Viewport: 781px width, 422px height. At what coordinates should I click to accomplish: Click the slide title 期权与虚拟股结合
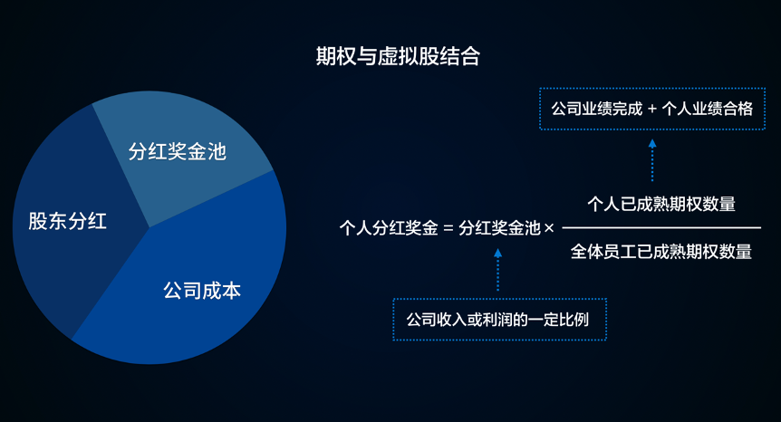[x=398, y=56]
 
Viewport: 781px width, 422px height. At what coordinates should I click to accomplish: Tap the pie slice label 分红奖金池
[x=178, y=151]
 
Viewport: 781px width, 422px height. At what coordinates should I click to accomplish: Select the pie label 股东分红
[x=67, y=221]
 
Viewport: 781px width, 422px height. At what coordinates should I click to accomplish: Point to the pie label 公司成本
[x=202, y=291]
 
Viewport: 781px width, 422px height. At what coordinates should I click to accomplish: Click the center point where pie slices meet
[x=149, y=227]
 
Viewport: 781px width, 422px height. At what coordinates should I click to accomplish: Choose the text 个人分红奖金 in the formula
[x=389, y=228]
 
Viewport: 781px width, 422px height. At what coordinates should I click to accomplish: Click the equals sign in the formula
[x=448, y=228]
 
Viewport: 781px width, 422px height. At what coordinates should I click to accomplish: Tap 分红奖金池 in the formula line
[x=499, y=228]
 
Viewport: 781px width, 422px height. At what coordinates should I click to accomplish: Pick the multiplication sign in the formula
[x=549, y=228]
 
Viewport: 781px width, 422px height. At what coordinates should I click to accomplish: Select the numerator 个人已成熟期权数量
[x=661, y=204]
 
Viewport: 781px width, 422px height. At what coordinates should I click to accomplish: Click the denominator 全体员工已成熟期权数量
[x=661, y=252]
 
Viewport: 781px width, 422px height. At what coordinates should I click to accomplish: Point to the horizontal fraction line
[x=661, y=228]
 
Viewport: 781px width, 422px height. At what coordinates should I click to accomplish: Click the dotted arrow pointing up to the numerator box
[x=652, y=160]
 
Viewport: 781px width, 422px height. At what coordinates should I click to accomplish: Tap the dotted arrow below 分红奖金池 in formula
[x=497, y=270]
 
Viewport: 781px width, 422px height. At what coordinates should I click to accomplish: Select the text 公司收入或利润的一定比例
[x=497, y=320]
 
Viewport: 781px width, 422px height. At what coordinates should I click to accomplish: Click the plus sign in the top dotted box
[x=652, y=109]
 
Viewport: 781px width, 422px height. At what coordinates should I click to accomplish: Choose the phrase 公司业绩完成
[x=597, y=109]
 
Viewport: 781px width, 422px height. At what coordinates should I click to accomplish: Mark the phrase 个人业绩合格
[x=708, y=109]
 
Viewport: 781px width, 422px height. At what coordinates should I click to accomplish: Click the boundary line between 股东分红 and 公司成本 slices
[x=111, y=283]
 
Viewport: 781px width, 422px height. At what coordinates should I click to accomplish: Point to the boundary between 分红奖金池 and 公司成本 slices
[x=211, y=199]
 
